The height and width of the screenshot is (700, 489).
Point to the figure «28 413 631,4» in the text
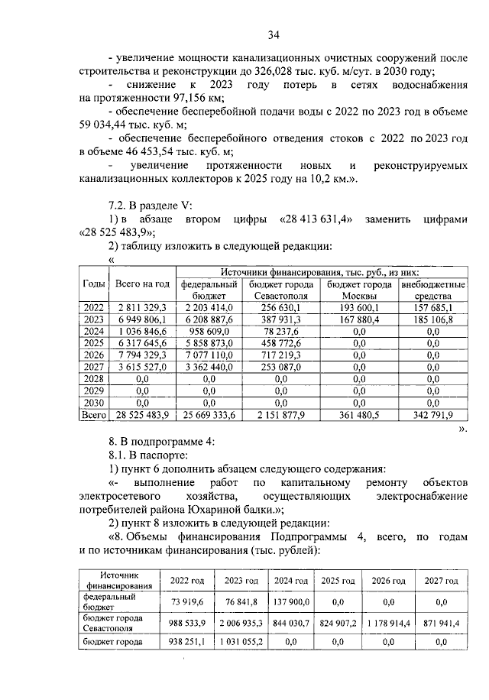point(317,219)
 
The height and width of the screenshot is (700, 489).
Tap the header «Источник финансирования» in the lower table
point(119,580)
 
